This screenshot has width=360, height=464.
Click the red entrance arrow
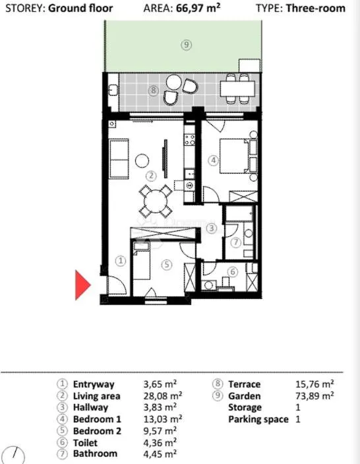tap(82, 285)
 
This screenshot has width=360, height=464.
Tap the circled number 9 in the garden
tap(186, 45)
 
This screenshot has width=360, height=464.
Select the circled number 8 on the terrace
tap(153, 90)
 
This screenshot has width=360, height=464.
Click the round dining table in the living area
tap(156, 201)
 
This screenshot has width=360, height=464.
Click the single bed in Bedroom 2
tap(141, 261)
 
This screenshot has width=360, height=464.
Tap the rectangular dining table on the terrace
tap(237, 88)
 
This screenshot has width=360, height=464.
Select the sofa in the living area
tap(119, 159)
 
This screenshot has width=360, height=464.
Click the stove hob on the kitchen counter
tap(189, 140)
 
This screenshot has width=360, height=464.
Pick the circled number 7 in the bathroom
tap(236, 242)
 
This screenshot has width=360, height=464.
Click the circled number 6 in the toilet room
tap(233, 271)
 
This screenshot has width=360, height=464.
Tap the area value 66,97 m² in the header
tap(198, 8)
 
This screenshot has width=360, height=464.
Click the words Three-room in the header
tap(315, 8)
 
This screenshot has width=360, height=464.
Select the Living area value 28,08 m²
tap(163, 395)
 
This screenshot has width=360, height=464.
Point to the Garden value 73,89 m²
tap(315, 395)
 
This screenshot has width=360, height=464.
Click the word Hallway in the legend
tap(90, 407)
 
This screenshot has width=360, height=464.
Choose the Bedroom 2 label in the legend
tap(97, 431)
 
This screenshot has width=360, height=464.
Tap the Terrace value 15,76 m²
tap(315, 384)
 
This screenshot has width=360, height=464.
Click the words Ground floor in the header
tap(80, 8)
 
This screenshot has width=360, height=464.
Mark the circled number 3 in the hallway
tap(212, 228)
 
